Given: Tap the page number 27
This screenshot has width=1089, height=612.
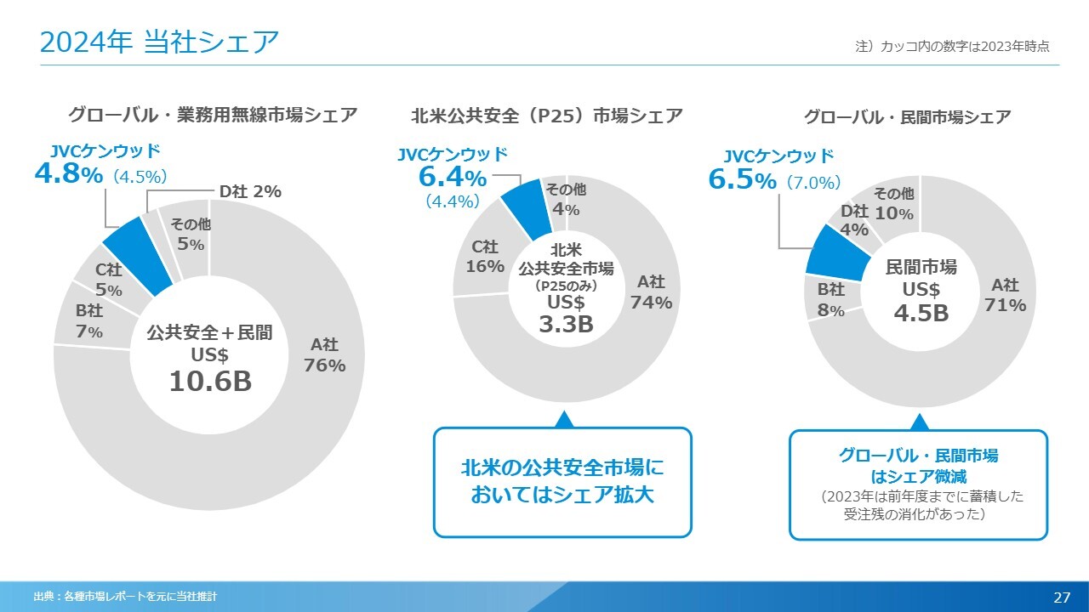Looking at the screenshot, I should (x=1062, y=597).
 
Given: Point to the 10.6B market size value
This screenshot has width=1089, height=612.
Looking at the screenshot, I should (x=210, y=382).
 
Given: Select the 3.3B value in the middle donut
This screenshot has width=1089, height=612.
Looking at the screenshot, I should (x=566, y=324).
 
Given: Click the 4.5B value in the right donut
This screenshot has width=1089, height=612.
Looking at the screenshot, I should (x=921, y=313).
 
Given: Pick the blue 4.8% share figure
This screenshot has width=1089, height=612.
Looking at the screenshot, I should (x=69, y=174).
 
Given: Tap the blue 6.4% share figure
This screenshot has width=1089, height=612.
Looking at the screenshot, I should (x=453, y=178).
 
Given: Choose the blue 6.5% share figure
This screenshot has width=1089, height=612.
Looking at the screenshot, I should (x=742, y=180).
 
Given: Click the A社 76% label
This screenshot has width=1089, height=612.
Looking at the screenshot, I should (x=324, y=355).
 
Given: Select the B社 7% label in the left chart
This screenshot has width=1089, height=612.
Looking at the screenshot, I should (x=88, y=321).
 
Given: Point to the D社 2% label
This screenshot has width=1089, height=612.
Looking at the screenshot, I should (x=250, y=192).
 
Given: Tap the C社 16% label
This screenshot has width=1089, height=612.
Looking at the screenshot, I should (x=485, y=256).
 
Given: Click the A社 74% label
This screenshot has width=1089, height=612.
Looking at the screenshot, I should (x=651, y=292).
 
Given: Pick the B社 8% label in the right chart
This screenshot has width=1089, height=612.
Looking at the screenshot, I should (x=831, y=300).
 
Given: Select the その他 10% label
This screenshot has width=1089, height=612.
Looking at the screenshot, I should (x=893, y=204).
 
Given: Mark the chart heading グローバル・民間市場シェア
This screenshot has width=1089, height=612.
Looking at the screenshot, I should (x=907, y=117).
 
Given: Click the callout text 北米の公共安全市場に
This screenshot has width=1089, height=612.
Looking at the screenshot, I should (x=562, y=467).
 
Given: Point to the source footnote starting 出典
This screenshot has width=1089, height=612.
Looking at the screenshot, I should (x=125, y=597).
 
